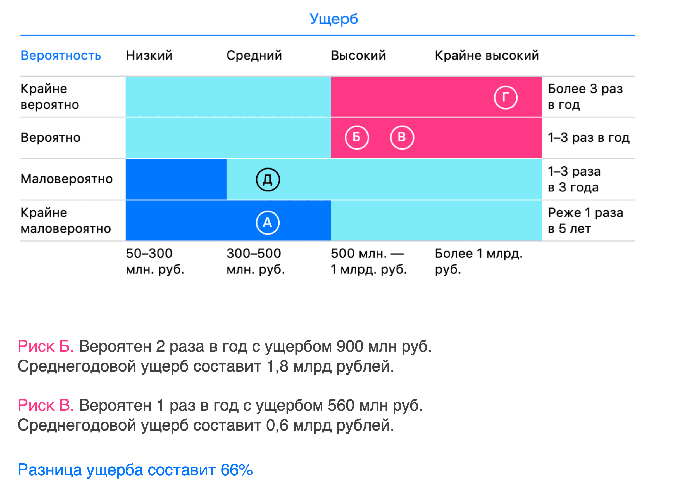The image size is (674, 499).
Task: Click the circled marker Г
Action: pyautogui.click(x=506, y=97)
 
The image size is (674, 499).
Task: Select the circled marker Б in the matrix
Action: pyautogui.click(x=357, y=138)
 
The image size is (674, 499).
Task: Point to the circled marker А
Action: pyautogui.click(x=268, y=223)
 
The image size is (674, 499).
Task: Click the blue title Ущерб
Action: pyautogui.click(x=334, y=19)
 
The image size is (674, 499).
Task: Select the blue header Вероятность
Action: pyautogui.click(x=61, y=55)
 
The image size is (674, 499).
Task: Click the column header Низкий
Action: pyautogui.click(x=149, y=55)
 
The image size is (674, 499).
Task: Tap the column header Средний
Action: pyautogui.click(x=254, y=56)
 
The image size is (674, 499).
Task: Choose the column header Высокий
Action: pyautogui.click(x=358, y=55)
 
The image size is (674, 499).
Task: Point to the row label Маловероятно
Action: pyautogui.click(x=66, y=179)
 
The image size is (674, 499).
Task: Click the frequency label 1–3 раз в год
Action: pyautogui.click(x=589, y=138)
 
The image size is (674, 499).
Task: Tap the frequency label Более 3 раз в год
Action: pyautogui.click(x=585, y=97)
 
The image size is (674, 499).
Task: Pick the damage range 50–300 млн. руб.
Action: pyautogui.click(x=155, y=261)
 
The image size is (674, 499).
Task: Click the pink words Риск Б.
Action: pyautogui.click(x=46, y=346)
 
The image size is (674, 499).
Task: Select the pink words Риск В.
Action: pyautogui.click(x=46, y=405)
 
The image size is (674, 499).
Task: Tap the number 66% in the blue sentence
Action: pyautogui.click(x=237, y=470)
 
